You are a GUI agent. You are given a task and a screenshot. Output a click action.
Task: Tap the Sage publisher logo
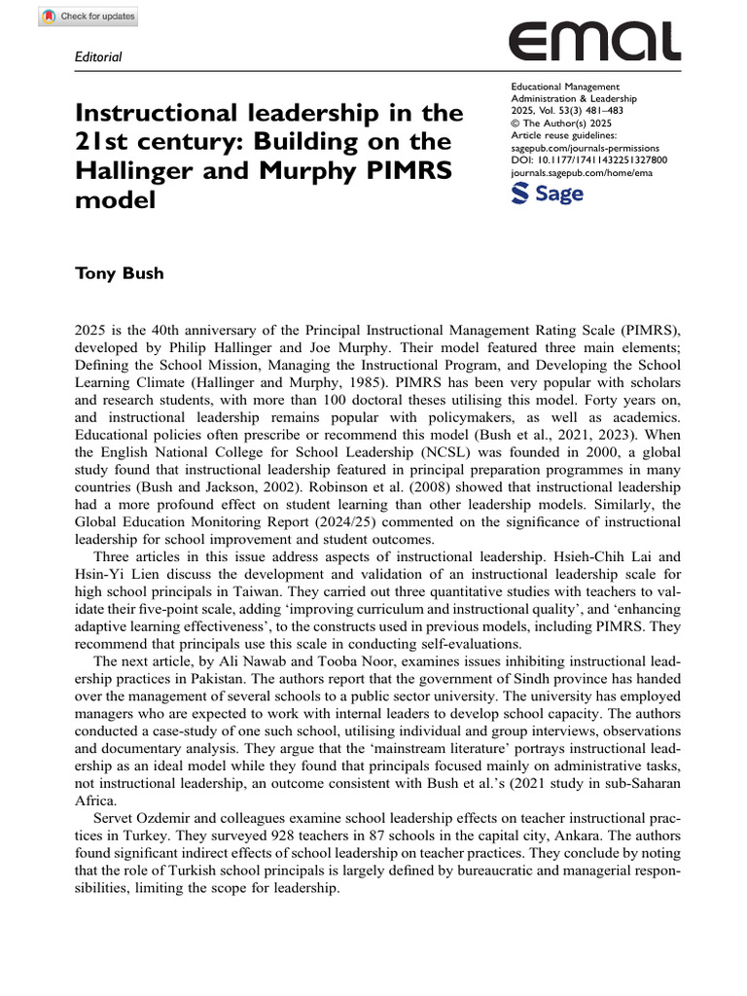pos(547,193)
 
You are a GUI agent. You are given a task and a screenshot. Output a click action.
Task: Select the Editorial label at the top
pos(98,57)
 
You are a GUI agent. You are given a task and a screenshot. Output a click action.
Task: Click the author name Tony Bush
pos(120,273)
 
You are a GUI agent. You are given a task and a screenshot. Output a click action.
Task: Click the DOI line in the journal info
pos(588,160)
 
